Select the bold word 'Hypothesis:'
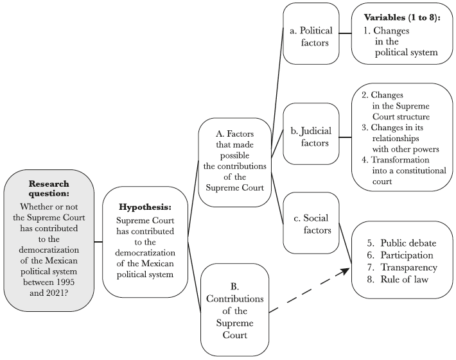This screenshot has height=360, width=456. click(145, 208)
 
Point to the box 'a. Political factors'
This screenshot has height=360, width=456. click(311, 33)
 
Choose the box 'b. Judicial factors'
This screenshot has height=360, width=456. click(311, 137)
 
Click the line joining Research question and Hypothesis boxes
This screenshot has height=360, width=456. click(98, 242)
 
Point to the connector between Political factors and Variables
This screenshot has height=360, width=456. click(345, 33)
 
